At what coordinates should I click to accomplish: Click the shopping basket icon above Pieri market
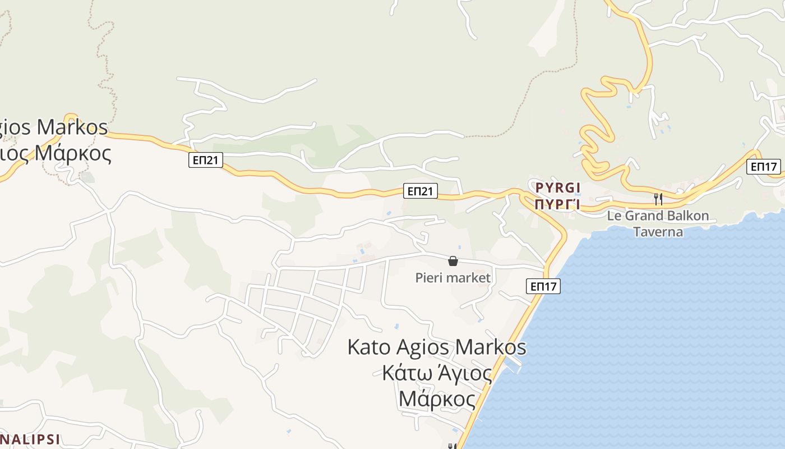(x=453, y=261)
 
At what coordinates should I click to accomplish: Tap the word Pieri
(x=429, y=278)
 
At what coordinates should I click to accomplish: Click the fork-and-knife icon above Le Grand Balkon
(x=658, y=199)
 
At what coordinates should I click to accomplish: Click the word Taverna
(x=658, y=232)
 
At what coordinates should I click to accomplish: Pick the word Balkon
(x=688, y=216)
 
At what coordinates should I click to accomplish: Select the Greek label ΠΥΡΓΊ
(x=557, y=204)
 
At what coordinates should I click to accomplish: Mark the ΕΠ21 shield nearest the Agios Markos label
(x=206, y=161)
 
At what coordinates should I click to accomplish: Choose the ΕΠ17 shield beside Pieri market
(x=544, y=286)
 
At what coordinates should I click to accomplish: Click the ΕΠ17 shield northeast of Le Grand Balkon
(x=763, y=167)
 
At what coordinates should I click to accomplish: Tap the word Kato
(x=368, y=347)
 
